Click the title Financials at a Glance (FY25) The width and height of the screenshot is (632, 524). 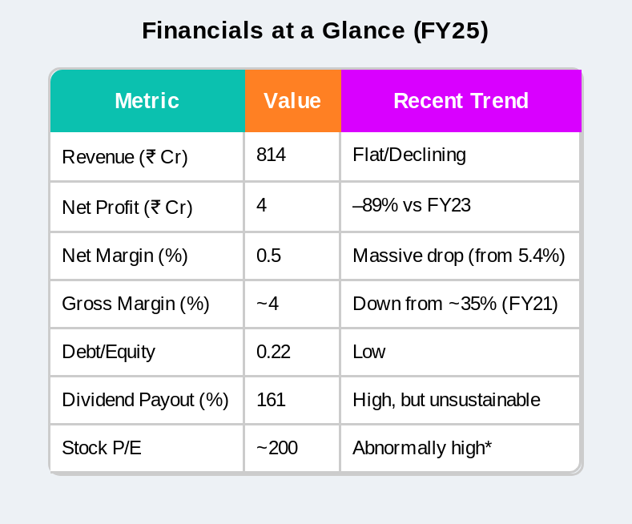[x=315, y=31]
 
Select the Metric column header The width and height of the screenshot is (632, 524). [x=147, y=101]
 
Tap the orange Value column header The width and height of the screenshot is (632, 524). [x=292, y=101]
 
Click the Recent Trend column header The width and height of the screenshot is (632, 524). [x=461, y=101]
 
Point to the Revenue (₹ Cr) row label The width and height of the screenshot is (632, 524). [x=125, y=157]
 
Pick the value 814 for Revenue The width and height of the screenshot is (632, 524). [x=271, y=155]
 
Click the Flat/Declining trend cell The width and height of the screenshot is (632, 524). [x=409, y=155]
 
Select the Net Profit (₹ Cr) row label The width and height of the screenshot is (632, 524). [x=127, y=208]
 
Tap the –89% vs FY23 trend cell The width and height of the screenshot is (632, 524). [x=412, y=205]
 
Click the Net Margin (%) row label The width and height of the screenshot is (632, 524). [x=125, y=256]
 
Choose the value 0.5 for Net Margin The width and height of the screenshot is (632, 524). [x=268, y=256]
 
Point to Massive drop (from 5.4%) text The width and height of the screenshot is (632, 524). [x=459, y=256]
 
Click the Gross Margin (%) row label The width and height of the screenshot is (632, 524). [x=135, y=304]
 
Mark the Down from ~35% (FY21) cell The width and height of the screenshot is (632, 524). [x=455, y=304]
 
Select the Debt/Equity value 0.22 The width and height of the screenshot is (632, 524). [x=273, y=352]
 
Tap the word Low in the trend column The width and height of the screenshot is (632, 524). [x=368, y=352]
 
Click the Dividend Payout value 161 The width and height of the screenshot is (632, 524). [x=271, y=400]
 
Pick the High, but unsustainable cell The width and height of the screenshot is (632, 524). [x=446, y=401]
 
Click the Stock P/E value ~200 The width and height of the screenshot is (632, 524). [x=277, y=448]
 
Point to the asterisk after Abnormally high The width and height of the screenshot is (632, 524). [x=489, y=444]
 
